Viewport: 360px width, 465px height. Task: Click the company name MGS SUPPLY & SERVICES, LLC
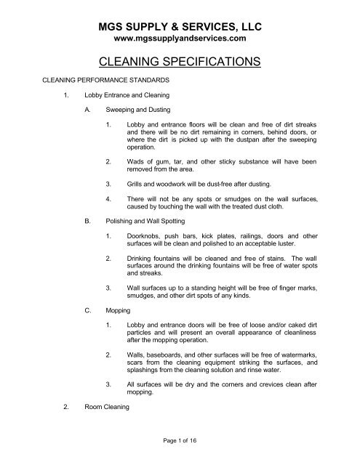180,27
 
